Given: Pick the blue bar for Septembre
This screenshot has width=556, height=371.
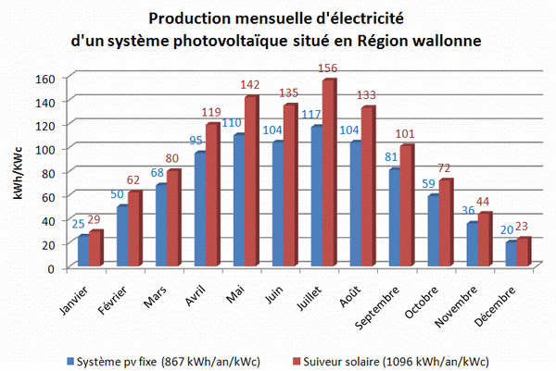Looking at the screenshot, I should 393,217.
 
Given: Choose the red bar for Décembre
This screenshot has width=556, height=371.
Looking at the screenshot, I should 523,253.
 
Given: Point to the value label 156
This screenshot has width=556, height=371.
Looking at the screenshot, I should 328,68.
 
